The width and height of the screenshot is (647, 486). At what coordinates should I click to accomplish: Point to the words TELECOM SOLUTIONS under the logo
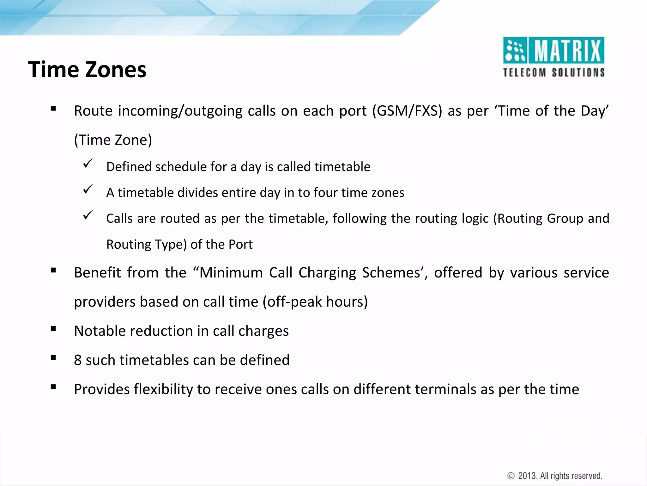click(554, 73)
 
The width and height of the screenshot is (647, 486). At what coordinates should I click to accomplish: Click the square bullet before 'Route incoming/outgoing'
click(53, 109)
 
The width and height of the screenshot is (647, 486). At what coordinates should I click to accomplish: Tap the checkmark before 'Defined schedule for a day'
click(88, 164)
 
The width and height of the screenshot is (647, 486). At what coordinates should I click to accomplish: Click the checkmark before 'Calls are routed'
click(88, 215)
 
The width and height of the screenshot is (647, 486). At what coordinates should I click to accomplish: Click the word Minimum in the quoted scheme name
click(231, 273)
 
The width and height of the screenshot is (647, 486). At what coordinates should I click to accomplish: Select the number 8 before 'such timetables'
click(78, 360)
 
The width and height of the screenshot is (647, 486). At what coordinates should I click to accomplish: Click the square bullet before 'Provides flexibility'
click(53, 387)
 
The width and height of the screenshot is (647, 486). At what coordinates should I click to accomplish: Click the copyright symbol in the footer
click(511, 476)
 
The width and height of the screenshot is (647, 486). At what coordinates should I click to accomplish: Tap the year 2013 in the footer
click(528, 476)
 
